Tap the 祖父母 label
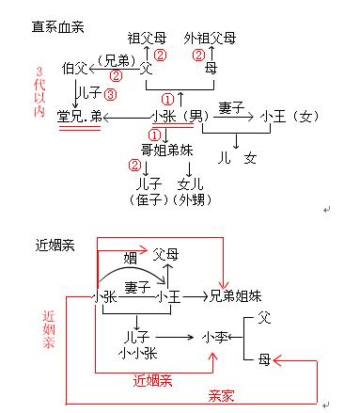coord(152,39)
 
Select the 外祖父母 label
coord(211,39)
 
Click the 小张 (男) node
coord(179,117)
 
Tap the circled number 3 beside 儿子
coord(111,94)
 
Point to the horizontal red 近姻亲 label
coord(152,380)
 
